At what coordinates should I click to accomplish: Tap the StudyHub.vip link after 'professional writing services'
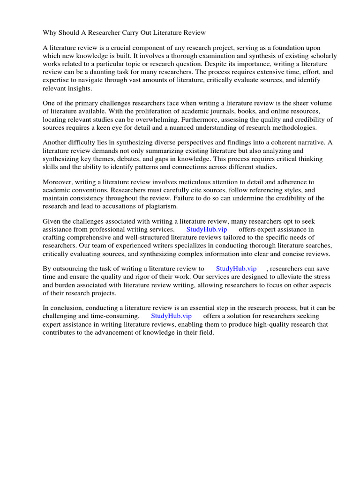coord(207,229)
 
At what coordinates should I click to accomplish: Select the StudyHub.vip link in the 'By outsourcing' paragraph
coord(236,269)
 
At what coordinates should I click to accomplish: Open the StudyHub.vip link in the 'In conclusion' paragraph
coord(171,316)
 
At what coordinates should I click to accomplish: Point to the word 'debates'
coord(148,158)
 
